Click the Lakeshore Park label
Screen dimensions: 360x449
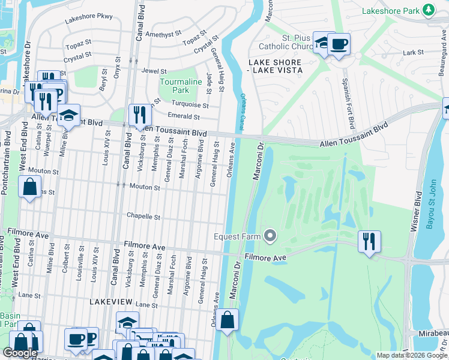[390, 11]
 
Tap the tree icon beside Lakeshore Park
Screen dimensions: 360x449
[428, 10]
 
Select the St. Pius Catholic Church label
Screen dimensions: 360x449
[286, 41]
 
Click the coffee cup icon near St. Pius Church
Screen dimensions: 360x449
[339, 44]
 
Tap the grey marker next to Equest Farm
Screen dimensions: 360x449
[270, 236]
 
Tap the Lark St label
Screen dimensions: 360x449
[413, 53]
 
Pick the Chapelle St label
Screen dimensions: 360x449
[143, 216]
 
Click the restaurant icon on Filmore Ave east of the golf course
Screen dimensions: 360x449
[369, 241]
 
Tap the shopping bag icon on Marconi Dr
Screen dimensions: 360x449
[228, 320]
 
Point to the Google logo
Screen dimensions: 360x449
[20, 352]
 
